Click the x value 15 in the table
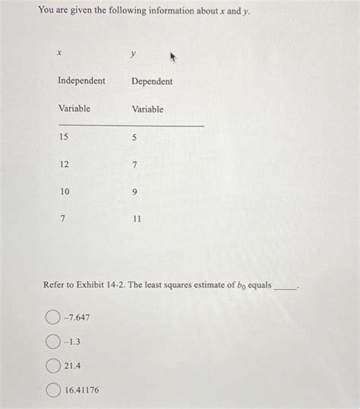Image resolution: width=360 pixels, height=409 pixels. tap(63, 137)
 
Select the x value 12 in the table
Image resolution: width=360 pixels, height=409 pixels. tap(63, 165)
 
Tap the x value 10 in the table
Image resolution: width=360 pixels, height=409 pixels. tap(63, 192)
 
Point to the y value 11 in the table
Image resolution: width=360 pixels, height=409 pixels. tap(136, 219)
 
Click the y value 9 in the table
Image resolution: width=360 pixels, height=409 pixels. tap(134, 192)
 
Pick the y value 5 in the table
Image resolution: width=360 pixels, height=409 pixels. tap(134, 137)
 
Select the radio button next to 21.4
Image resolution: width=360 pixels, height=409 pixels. tap(52, 365)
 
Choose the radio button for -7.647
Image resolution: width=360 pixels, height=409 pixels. tap(52, 316)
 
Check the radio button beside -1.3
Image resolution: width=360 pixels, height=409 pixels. tap(52, 341)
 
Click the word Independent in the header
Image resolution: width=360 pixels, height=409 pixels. tap(81, 81)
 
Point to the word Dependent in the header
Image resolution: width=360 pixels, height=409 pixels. tap(152, 81)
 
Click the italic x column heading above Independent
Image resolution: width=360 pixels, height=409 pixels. tap(58, 53)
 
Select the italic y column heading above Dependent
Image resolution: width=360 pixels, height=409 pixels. tap(133, 54)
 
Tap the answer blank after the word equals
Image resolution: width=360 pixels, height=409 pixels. tap(286, 286)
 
